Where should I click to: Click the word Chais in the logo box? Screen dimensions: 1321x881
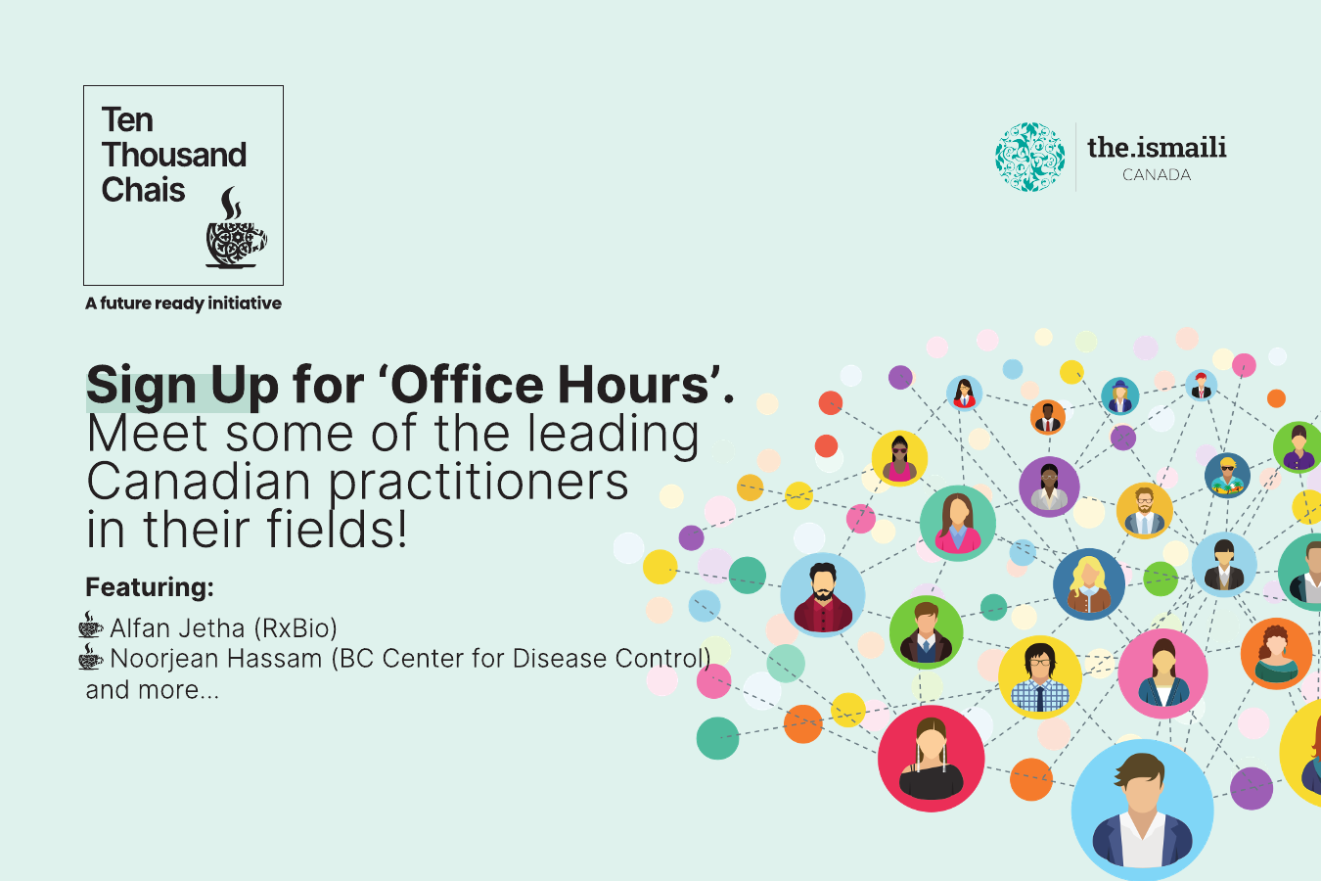[x=143, y=190]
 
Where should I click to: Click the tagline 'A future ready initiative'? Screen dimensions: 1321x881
[x=183, y=303]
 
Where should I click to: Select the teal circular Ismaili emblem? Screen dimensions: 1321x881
[x=1029, y=157]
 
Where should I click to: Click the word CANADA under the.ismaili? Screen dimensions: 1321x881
[x=1157, y=175]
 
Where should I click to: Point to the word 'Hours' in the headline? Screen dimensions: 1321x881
[x=634, y=385]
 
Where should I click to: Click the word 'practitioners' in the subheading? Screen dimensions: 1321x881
[x=478, y=482]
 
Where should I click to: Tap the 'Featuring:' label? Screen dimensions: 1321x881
[x=150, y=587]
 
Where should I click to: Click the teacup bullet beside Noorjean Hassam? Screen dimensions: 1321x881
[x=91, y=657]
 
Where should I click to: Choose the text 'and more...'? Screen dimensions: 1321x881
[x=152, y=690]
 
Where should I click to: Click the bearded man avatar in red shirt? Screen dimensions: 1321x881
[x=823, y=595]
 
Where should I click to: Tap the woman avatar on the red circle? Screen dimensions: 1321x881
[x=931, y=759]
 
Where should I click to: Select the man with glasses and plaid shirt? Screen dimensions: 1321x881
[x=1040, y=676]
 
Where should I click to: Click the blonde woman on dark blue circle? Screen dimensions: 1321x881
[x=1089, y=584]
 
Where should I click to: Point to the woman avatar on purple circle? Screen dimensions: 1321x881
[x=1049, y=487]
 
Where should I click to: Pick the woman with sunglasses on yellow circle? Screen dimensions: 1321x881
[x=899, y=458]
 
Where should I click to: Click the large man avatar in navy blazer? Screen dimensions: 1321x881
[x=1142, y=811]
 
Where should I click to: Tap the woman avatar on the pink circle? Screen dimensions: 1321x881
[x=1162, y=673]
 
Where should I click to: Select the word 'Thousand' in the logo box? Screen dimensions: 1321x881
[x=174, y=155]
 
